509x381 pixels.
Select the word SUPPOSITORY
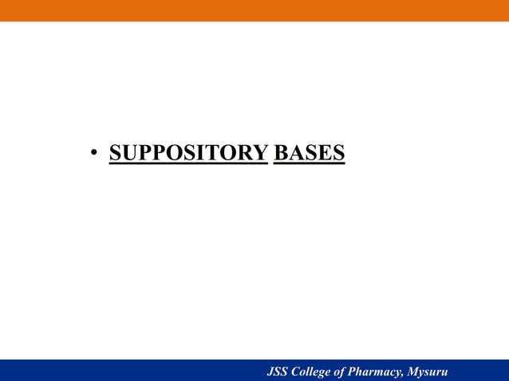pyautogui.click(x=187, y=151)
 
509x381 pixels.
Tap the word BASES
pyautogui.click(x=309, y=151)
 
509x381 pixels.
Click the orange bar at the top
pyautogui.click(x=254, y=10)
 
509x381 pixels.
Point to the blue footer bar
pyautogui.click(x=120, y=371)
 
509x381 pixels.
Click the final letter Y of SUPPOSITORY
pyautogui.click(x=259, y=151)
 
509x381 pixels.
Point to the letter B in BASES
pyautogui.click(x=280, y=151)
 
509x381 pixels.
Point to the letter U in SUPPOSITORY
pyautogui.click(x=127, y=151)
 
